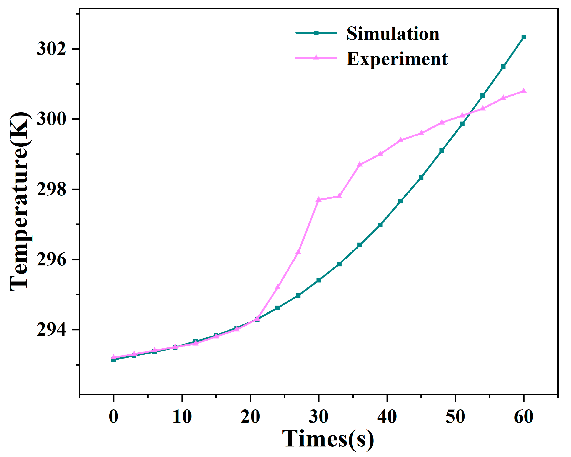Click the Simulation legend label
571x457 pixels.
click(x=393, y=34)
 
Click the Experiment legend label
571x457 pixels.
click(x=397, y=59)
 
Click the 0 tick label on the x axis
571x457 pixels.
click(x=114, y=417)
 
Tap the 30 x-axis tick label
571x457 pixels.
click(x=318, y=417)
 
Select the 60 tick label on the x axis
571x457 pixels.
click(x=523, y=417)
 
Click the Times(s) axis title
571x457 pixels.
click(x=328, y=439)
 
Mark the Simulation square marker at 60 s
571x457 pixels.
click(x=524, y=37)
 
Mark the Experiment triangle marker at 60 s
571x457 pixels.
click(x=524, y=91)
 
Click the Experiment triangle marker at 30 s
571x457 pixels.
click(x=319, y=199)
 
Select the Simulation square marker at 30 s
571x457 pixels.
click(x=319, y=280)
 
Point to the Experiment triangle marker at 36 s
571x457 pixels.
click(x=360, y=164)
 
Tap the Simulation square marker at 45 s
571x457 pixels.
click(x=421, y=178)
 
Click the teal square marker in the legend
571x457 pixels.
click(x=316, y=33)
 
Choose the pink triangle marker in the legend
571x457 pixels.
click(x=316, y=58)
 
